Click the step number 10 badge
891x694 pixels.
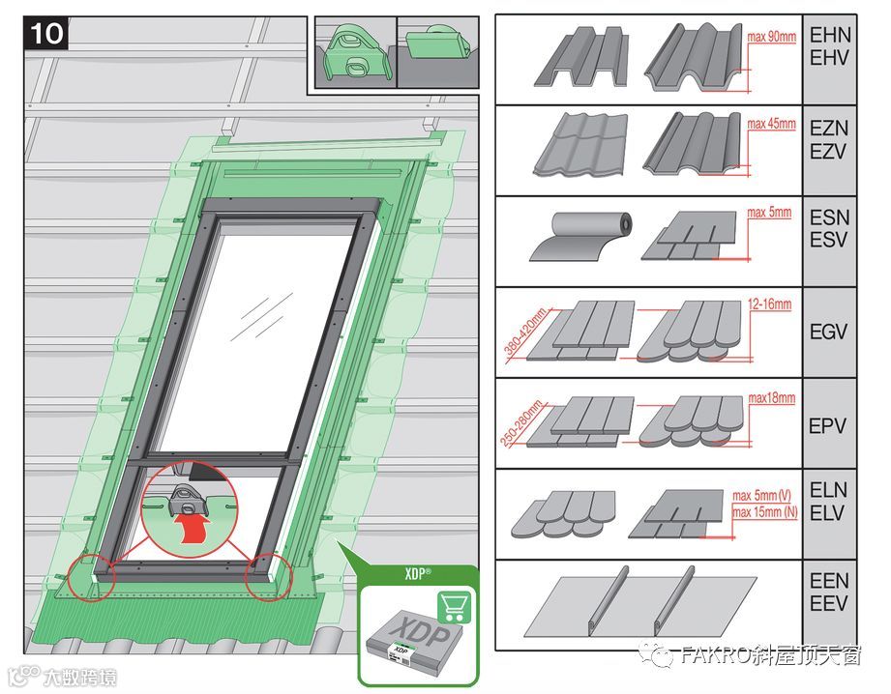click(46, 34)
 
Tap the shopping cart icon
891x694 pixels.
click(454, 607)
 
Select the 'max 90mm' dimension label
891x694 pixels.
click(772, 37)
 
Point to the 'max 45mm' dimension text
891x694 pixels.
click(771, 124)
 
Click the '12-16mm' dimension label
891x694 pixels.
click(769, 304)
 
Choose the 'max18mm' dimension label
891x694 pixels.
click(771, 398)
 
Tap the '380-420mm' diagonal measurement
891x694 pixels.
click(525, 333)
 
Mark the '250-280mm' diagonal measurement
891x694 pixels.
click(521, 423)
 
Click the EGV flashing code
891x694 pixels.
click(829, 332)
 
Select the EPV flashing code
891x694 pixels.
click(828, 426)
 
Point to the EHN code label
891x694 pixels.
click(830, 35)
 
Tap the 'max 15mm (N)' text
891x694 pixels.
click(765, 512)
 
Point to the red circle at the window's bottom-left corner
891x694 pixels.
click(92, 578)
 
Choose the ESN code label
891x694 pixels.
click(830, 217)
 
